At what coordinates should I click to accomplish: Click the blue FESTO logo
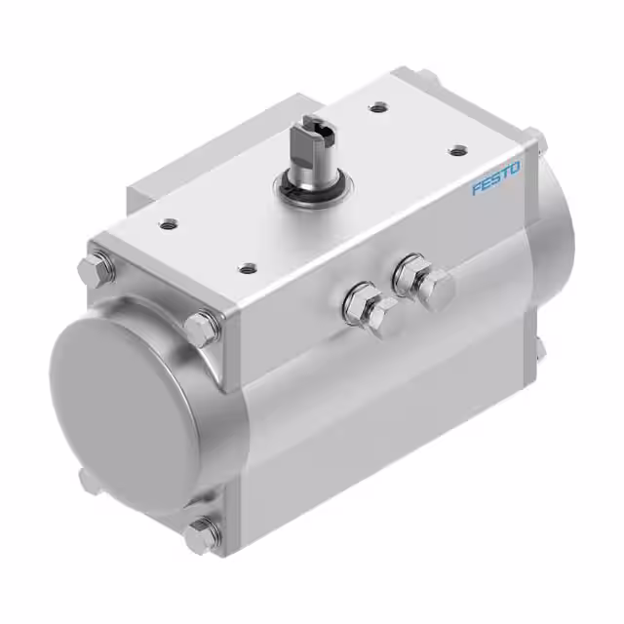pos(496,179)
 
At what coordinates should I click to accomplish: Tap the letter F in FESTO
pos(478,189)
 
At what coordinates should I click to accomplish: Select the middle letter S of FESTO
pos(496,179)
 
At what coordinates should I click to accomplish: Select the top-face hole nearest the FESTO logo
pos(455,150)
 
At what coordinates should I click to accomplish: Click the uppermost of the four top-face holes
pos(374,109)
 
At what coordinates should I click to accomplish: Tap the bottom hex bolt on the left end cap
pos(204,531)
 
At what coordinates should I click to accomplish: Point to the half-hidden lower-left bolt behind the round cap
pos(85,480)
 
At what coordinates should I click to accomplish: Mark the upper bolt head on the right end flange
pos(535,139)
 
